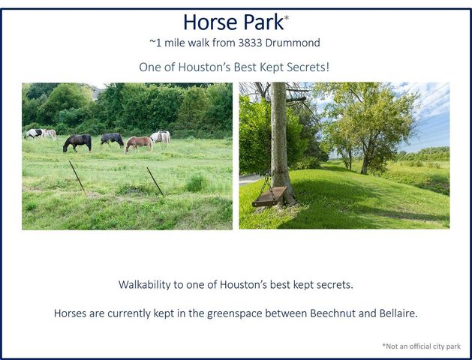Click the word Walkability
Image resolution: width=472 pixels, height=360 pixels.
149,285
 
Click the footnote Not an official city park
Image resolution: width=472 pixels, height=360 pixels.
421,346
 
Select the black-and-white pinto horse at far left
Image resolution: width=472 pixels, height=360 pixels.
34,133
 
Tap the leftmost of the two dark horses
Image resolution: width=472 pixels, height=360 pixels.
77,142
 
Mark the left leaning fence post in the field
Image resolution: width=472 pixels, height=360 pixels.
77,176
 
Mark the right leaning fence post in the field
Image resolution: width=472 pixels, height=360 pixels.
155,181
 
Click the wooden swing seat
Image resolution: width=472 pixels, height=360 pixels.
269,196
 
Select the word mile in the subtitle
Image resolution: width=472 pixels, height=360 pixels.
181,43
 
